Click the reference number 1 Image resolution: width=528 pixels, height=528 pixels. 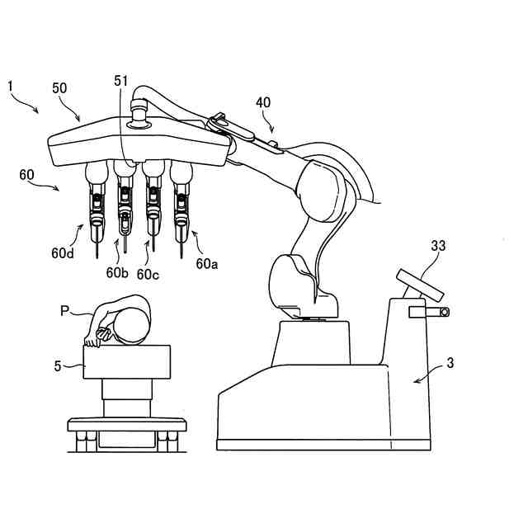click(x=10, y=85)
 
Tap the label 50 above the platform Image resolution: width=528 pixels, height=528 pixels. click(x=61, y=88)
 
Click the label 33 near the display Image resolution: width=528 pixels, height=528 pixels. click(x=439, y=245)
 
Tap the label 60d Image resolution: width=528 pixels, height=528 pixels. click(x=63, y=253)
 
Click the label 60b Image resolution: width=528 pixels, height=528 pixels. click(x=115, y=271)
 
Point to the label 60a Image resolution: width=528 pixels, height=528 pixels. click(x=207, y=264)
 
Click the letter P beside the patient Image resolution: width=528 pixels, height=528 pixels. click(x=64, y=311)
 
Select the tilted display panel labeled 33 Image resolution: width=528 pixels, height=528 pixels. click(x=421, y=285)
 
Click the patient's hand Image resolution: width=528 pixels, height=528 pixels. click(x=101, y=334)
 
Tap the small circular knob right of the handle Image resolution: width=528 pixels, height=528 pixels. click(x=444, y=312)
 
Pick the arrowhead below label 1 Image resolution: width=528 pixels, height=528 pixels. click(x=36, y=111)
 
